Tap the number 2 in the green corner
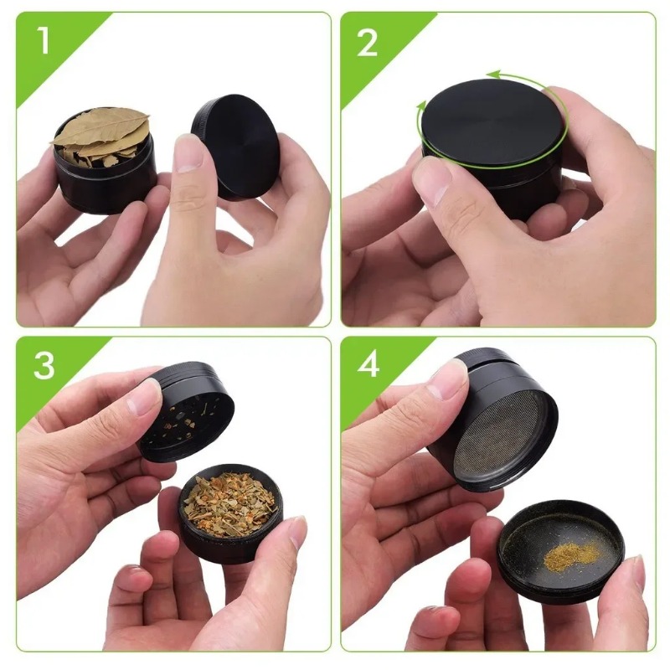(368, 42)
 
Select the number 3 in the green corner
(44, 365)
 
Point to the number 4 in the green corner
(368, 366)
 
